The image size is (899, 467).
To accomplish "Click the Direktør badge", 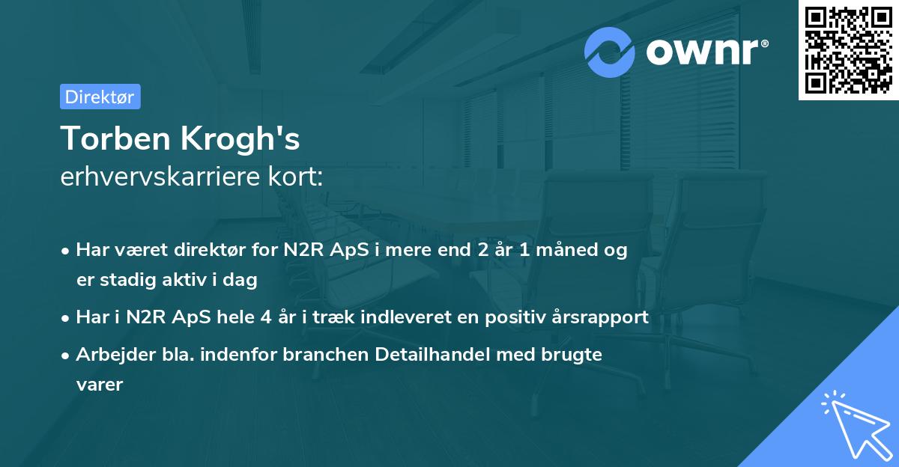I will point(100,97).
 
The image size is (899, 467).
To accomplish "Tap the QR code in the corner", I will point(848,49).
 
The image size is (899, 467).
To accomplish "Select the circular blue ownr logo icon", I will point(610,52).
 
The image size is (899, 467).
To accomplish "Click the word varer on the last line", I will point(99,384).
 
